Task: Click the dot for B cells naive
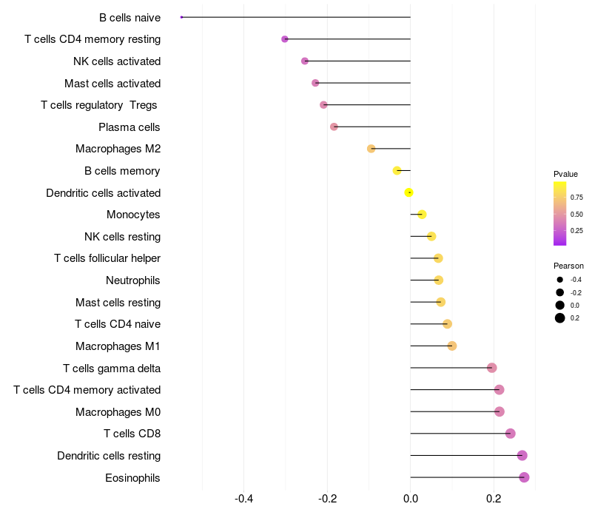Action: tap(181, 17)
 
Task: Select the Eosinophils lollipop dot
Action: tap(524, 477)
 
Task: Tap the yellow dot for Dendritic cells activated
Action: tap(408, 192)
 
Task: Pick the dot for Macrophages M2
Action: tap(371, 149)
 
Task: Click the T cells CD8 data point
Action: tap(510, 434)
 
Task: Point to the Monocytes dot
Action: tap(422, 215)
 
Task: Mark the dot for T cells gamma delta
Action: tap(491, 368)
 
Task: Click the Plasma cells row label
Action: tap(129, 127)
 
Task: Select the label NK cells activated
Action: tap(117, 61)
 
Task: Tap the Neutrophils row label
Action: tap(133, 280)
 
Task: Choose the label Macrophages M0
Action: tap(118, 412)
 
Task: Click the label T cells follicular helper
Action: tap(107, 258)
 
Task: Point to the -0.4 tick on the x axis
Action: tap(243, 499)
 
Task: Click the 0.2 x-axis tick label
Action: tap(494, 499)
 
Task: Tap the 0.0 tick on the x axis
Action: tap(411, 499)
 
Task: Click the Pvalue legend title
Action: tap(565, 174)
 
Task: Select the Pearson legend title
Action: tap(568, 266)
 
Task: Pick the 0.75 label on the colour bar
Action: tap(576, 198)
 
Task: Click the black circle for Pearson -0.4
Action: tap(560, 280)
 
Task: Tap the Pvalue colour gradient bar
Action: tap(560, 214)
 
